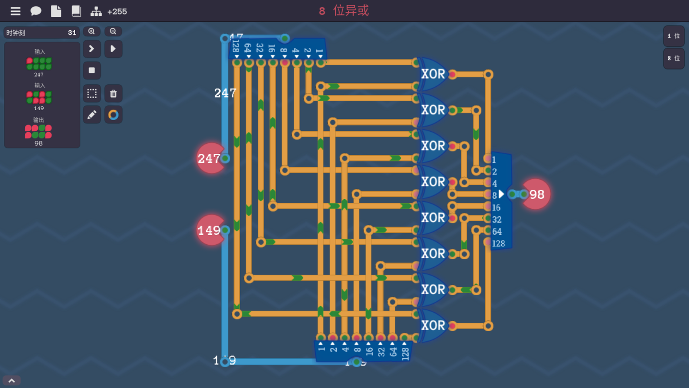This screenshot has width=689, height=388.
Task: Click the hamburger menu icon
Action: point(15,11)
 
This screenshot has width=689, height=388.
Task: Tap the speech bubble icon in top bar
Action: point(36,11)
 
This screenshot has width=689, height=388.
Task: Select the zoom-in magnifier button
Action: point(91,32)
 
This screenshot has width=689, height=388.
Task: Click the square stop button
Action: point(92,70)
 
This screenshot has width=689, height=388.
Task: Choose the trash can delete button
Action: point(113,93)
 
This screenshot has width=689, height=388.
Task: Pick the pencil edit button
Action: point(92,115)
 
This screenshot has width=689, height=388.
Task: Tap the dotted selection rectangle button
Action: point(92,93)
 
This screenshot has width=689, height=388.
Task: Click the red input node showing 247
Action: point(210,159)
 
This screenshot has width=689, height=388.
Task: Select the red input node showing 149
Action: point(210,230)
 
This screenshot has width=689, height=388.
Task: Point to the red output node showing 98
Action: point(536,194)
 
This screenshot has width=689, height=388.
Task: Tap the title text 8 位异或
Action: point(344,11)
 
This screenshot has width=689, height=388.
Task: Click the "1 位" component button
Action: point(674,36)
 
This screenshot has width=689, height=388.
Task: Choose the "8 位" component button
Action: point(674,58)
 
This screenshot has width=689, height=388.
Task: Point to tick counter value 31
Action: point(72,33)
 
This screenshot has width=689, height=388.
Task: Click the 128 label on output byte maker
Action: point(498,243)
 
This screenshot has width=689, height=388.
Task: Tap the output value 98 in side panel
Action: point(39,143)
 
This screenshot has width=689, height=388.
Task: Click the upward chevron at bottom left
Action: point(11,381)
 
